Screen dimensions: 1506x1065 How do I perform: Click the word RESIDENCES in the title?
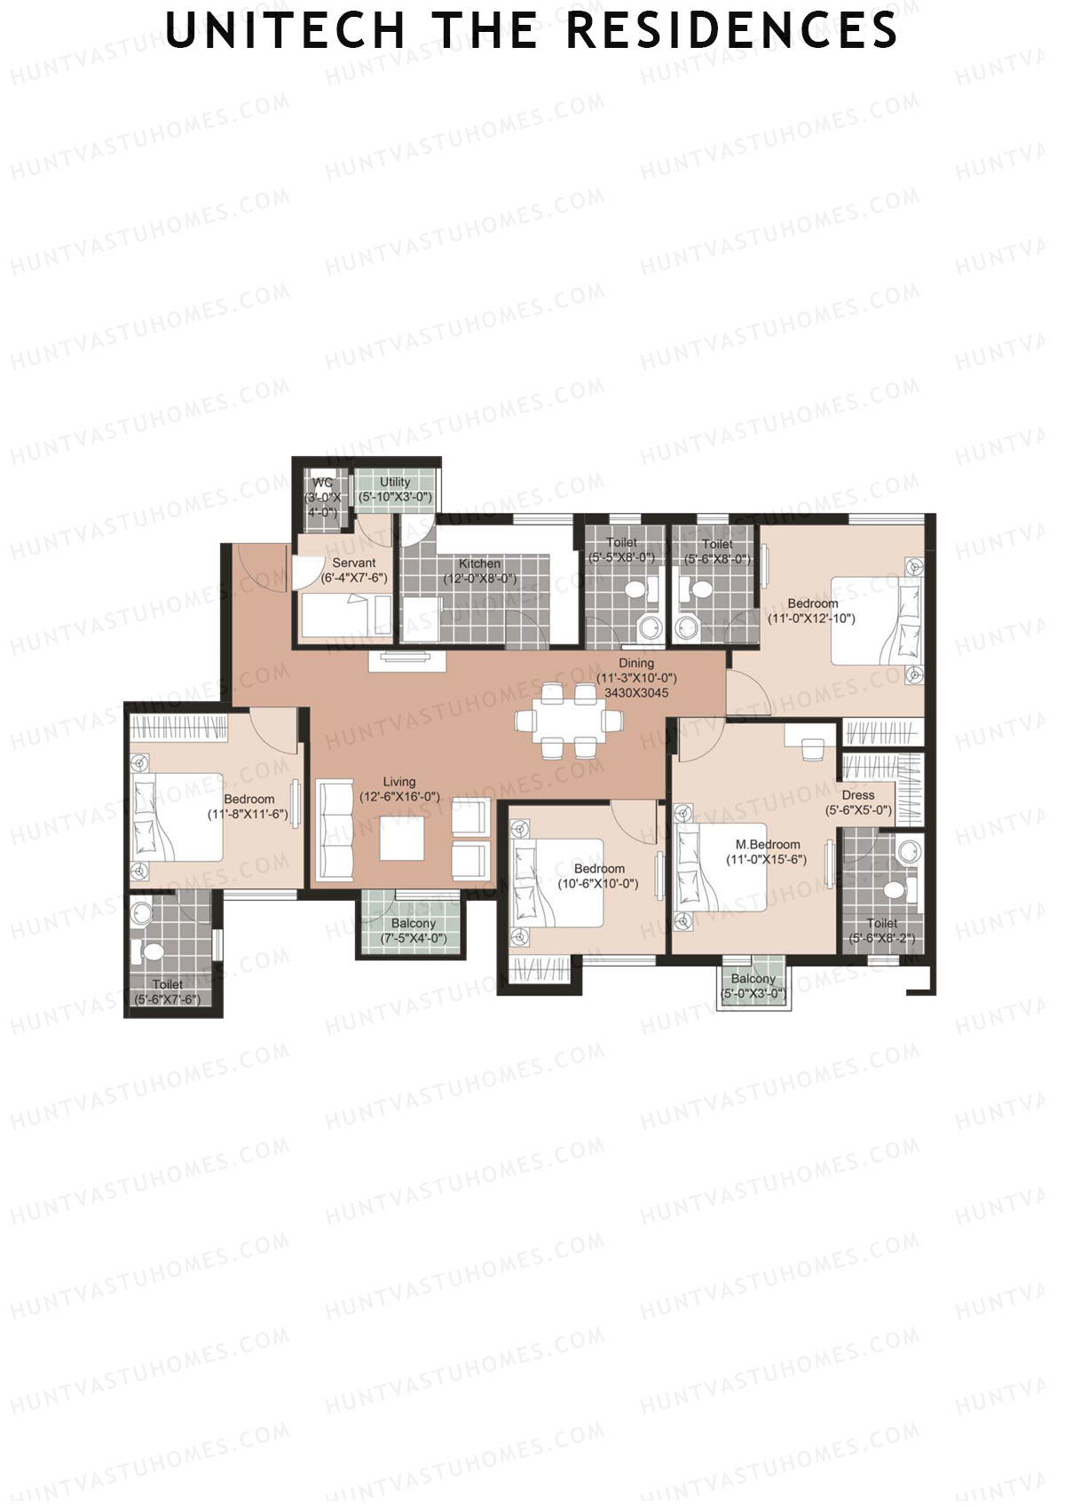point(730,31)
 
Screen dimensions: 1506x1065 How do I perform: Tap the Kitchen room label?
point(479,564)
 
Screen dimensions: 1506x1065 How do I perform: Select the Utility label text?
point(395,483)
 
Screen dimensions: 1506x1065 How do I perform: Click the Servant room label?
point(353,564)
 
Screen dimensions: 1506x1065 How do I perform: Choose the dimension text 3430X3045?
point(635,693)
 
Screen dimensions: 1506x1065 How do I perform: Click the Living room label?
point(398,783)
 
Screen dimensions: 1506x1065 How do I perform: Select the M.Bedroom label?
point(767,845)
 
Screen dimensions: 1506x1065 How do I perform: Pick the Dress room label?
point(857,796)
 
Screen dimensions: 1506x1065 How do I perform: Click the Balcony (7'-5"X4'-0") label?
point(413,925)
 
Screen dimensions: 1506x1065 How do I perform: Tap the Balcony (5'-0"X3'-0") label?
point(753,980)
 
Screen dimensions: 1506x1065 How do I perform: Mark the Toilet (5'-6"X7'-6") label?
point(167,985)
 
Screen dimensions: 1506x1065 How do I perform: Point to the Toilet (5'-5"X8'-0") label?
point(621,543)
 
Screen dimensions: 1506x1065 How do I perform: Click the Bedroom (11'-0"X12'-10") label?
point(812,604)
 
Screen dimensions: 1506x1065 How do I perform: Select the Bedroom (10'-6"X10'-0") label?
point(599,870)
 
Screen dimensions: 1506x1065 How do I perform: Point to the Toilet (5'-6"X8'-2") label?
point(881,925)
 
